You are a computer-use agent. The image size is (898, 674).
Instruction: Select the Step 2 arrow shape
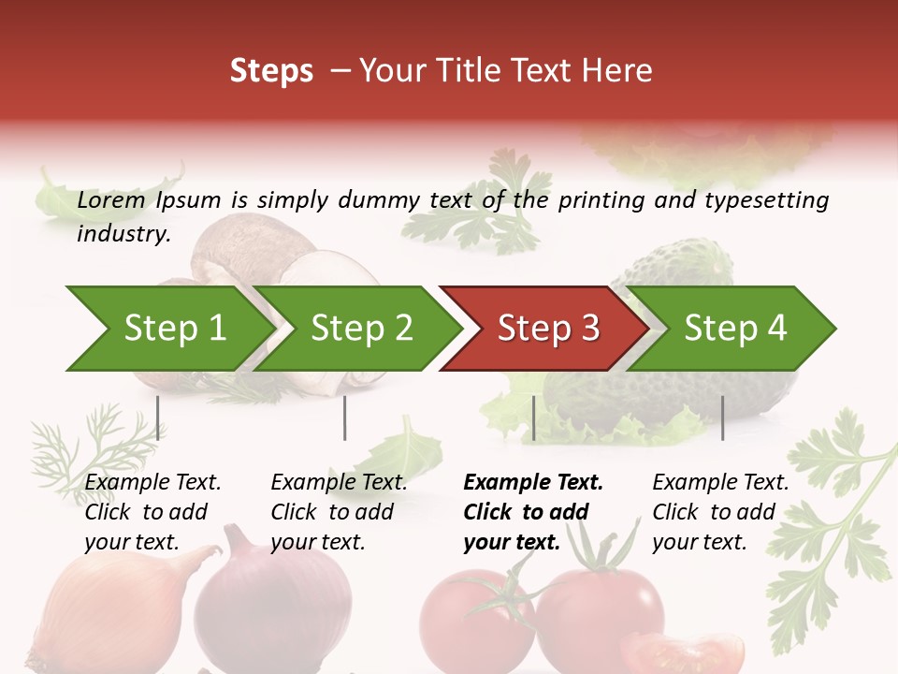point(360,328)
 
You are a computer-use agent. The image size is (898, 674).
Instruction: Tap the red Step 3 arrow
point(547,328)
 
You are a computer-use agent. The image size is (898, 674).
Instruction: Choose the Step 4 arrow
point(734,328)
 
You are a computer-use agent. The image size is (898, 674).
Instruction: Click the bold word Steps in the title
point(271,70)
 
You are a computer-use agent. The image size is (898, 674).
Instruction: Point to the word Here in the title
point(616,70)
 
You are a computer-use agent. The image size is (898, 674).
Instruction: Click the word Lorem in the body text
point(110,199)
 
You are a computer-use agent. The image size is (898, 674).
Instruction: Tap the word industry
point(123,233)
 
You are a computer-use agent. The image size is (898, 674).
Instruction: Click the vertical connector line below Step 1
point(158,418)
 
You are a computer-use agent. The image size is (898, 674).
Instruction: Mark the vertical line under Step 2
point(345,418)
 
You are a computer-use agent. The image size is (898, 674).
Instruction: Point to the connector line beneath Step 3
point(533,418)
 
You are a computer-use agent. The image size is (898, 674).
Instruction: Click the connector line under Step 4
point(722,418)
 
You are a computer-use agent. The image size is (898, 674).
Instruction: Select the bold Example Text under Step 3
point(533,482)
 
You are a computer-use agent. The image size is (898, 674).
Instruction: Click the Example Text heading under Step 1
point(152,482)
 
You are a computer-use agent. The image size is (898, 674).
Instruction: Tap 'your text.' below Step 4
point(699,542)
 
